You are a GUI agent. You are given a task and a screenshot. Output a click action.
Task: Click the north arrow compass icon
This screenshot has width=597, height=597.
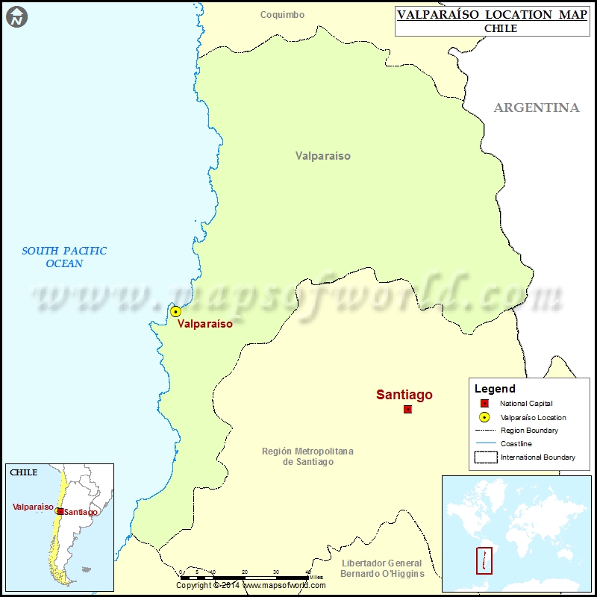tap(16, 16)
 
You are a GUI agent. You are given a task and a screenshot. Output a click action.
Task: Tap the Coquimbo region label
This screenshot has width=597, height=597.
tap(282, 15)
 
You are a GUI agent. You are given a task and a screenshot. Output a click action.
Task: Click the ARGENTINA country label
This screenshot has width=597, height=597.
tap(536, 107)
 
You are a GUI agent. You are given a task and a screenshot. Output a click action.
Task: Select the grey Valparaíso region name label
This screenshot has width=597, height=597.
tap(322, 156)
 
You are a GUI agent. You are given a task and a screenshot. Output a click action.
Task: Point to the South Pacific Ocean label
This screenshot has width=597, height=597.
tap(64, 257)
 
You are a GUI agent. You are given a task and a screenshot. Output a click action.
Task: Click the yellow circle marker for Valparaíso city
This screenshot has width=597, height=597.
tap(175, 312)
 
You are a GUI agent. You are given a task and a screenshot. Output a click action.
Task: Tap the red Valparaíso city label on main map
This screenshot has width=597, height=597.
tap(204, 325)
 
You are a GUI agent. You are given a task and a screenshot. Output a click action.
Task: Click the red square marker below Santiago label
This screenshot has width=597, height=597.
tap(407, 410)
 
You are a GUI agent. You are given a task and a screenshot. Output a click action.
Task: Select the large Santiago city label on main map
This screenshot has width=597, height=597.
tap(404, 395)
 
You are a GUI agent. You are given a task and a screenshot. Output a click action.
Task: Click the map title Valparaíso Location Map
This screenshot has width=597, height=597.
tap(492, 15)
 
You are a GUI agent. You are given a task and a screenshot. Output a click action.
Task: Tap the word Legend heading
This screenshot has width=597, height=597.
tap(495, 389)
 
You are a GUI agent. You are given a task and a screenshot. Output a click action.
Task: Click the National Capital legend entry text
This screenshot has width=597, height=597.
tap(526, 404)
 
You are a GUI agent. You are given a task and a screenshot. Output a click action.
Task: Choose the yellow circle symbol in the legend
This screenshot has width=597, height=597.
tap(484, 417)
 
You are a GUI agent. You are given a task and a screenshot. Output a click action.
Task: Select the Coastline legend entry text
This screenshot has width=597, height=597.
tap(516, 444)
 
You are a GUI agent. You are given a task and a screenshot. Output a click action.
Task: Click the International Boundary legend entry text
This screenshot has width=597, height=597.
tap(537, 457)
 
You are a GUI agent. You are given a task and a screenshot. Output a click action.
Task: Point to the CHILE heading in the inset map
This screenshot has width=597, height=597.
tap(22, 472)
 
